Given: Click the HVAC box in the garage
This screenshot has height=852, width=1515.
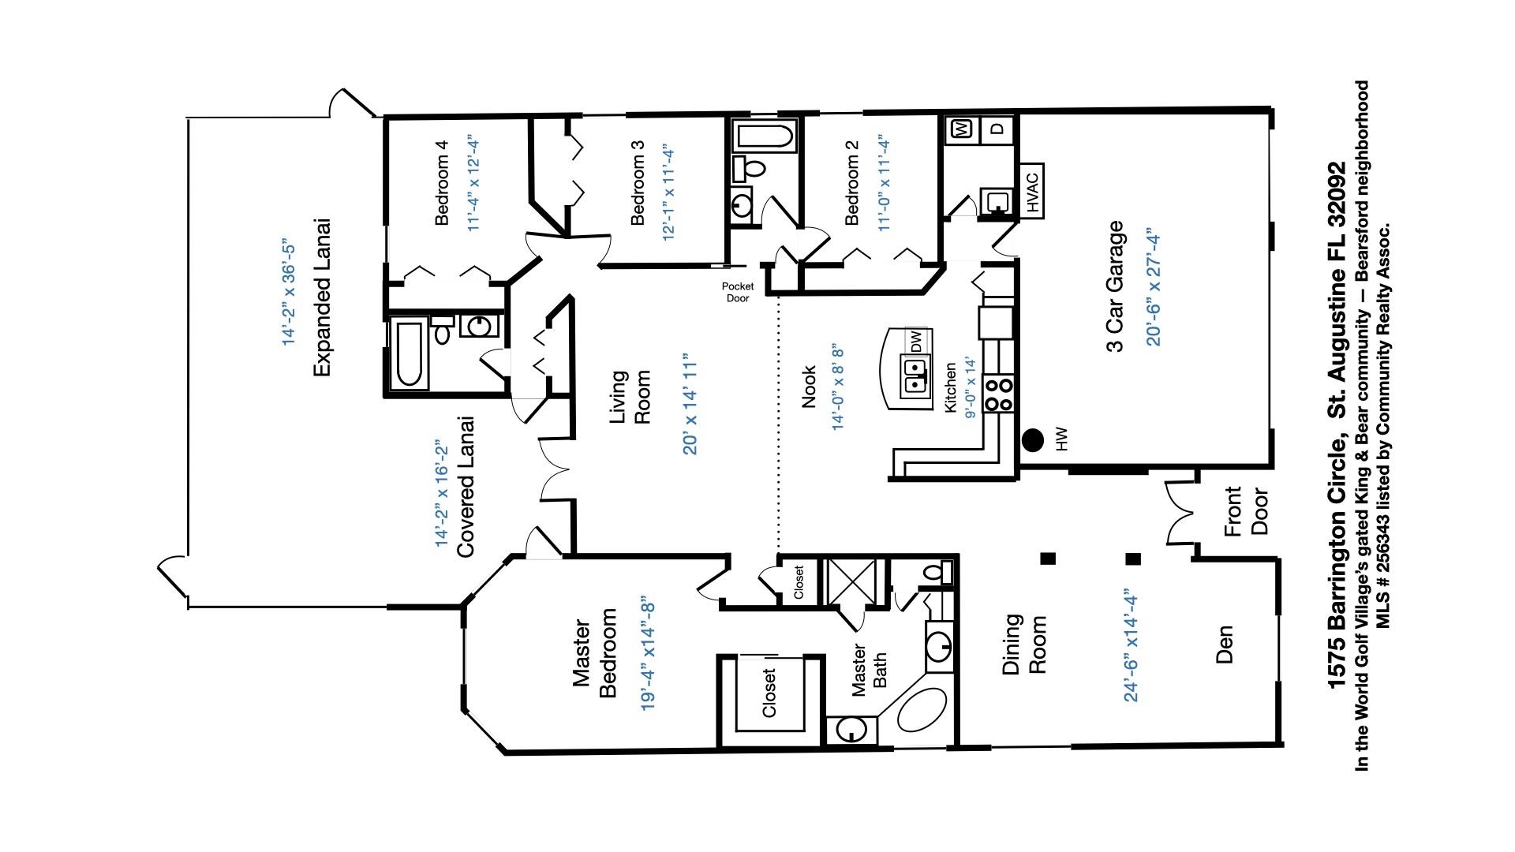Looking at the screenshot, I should [x=1034, y=189].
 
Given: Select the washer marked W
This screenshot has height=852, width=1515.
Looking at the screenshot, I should [x=962, y=129].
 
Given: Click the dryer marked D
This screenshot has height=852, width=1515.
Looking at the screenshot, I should [x=997, y=129].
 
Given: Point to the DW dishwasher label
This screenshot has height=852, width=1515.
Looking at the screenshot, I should [x=916, y=342].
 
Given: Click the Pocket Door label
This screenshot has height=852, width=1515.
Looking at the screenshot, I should [x=737, y=292].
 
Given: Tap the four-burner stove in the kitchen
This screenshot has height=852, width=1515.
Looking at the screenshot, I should [x=1000, y=394].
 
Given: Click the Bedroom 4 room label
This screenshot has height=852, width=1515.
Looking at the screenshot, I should [x=442, y=183].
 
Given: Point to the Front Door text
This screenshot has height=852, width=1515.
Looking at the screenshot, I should [x=1246, y=511].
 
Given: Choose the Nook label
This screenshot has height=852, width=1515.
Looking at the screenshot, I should [x=808, y=387].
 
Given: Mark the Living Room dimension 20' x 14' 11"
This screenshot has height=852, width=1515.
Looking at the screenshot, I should [x=691, y=404].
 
